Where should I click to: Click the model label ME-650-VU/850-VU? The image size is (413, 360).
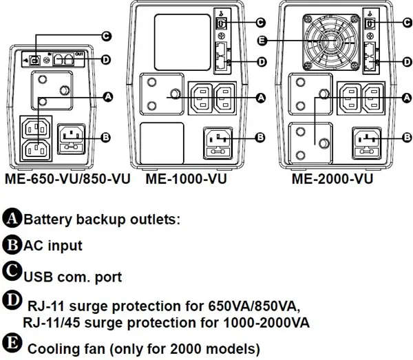point(67,180)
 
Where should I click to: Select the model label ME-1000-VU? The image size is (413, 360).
point(186,180)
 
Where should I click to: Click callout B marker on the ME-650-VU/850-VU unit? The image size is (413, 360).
point(105,137)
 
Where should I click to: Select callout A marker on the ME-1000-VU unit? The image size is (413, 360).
point(260,98)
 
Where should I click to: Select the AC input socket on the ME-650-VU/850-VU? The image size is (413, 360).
point(75,134)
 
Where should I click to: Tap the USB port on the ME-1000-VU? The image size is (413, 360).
point(220,23)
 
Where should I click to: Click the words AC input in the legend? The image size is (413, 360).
point(53,246)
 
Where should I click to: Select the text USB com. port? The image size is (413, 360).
point(73,277)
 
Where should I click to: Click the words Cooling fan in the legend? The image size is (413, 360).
point(60,348)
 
